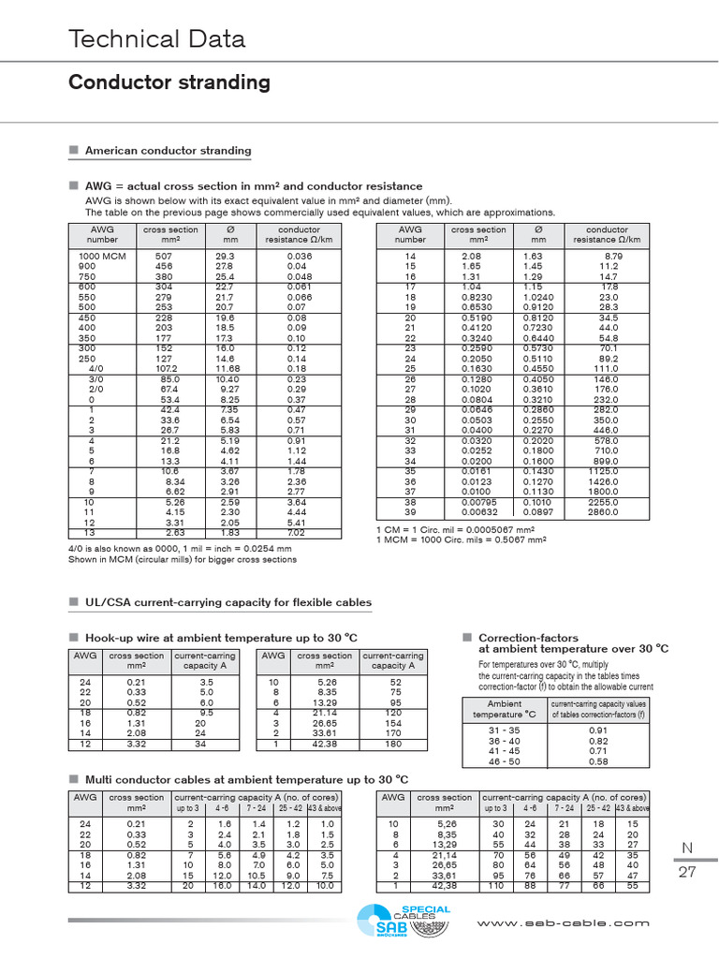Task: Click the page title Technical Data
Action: (x=157, y=38)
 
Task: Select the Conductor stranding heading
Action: (x=169, y=82)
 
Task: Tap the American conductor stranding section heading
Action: (x=168, y=150)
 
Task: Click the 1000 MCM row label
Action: (x=101, y=256)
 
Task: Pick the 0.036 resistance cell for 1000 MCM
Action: (x=299, y=256)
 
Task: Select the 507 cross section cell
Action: (x=164, y=256)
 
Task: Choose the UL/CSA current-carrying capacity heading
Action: (x=227, y=602)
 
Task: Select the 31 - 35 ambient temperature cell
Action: (x=504, y=730)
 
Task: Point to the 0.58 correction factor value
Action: (x=597, y=761)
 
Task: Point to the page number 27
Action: (x=686, y=871)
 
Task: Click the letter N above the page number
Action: (x=686, y=848)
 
